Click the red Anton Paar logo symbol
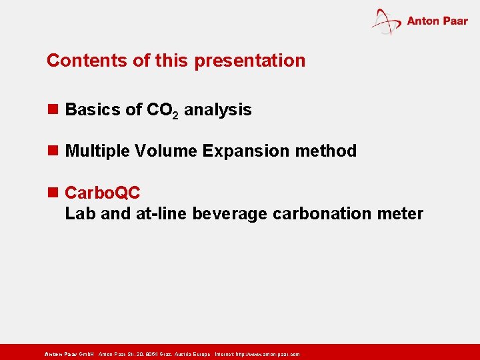(x=386, y=21)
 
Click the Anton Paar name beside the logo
(x=437, y=21)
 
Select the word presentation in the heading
(x=250, y=61)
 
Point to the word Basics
(x=93, y=110)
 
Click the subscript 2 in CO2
(x=175, y=114)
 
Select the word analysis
(x=218, y=110)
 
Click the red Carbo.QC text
(x=103, y=193)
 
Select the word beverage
(x=231, y=213)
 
